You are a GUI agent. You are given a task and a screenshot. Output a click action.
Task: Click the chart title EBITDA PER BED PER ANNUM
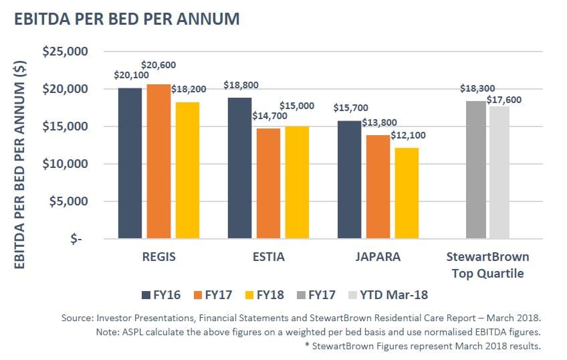pyautogui.click(x=127, y=19)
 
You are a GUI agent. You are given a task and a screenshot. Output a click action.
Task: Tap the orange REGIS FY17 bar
pyautogui.click(x=153, y=161)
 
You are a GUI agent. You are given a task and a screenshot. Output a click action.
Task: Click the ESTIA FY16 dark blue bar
pyautogui.click(x=239, y=167)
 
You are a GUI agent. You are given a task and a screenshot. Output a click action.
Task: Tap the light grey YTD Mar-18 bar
pyautogui.click(x=499, y=172)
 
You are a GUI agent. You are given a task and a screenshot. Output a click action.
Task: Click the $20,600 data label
pyautogui.click(x=159, y=64)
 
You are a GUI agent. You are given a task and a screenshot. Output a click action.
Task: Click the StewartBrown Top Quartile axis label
pyautogui.click(x=487, y=264)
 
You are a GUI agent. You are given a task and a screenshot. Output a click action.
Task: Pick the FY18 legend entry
pyautogui.click(x=264, y=294)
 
